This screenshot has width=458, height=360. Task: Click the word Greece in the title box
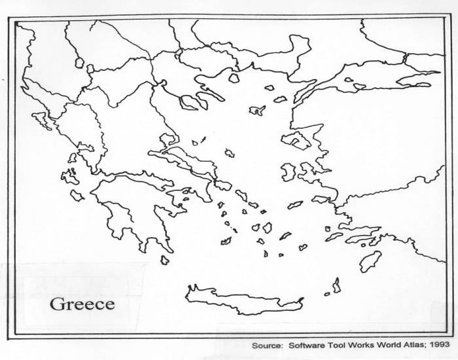(x=82, y=304)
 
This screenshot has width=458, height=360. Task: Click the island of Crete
(x=242, y=297)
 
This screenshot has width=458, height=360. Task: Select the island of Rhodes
(x=370, y=261)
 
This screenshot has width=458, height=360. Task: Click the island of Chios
(x=289, y=172)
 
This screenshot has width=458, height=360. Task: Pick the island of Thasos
(x=234, y=78)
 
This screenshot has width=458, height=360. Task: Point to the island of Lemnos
(x=256, y=111)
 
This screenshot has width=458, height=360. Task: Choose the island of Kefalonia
(x=69, y=176)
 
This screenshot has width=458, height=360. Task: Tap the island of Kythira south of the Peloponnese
(x=164, y=260)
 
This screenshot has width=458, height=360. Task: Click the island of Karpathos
(x=336, y=285)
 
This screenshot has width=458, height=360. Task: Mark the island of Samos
(x=321, y=199)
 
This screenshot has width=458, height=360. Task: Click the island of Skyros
(x=230, y=153)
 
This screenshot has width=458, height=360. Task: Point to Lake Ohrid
(x=80, y=63)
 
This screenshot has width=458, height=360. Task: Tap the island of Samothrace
(x=269, y=87)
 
